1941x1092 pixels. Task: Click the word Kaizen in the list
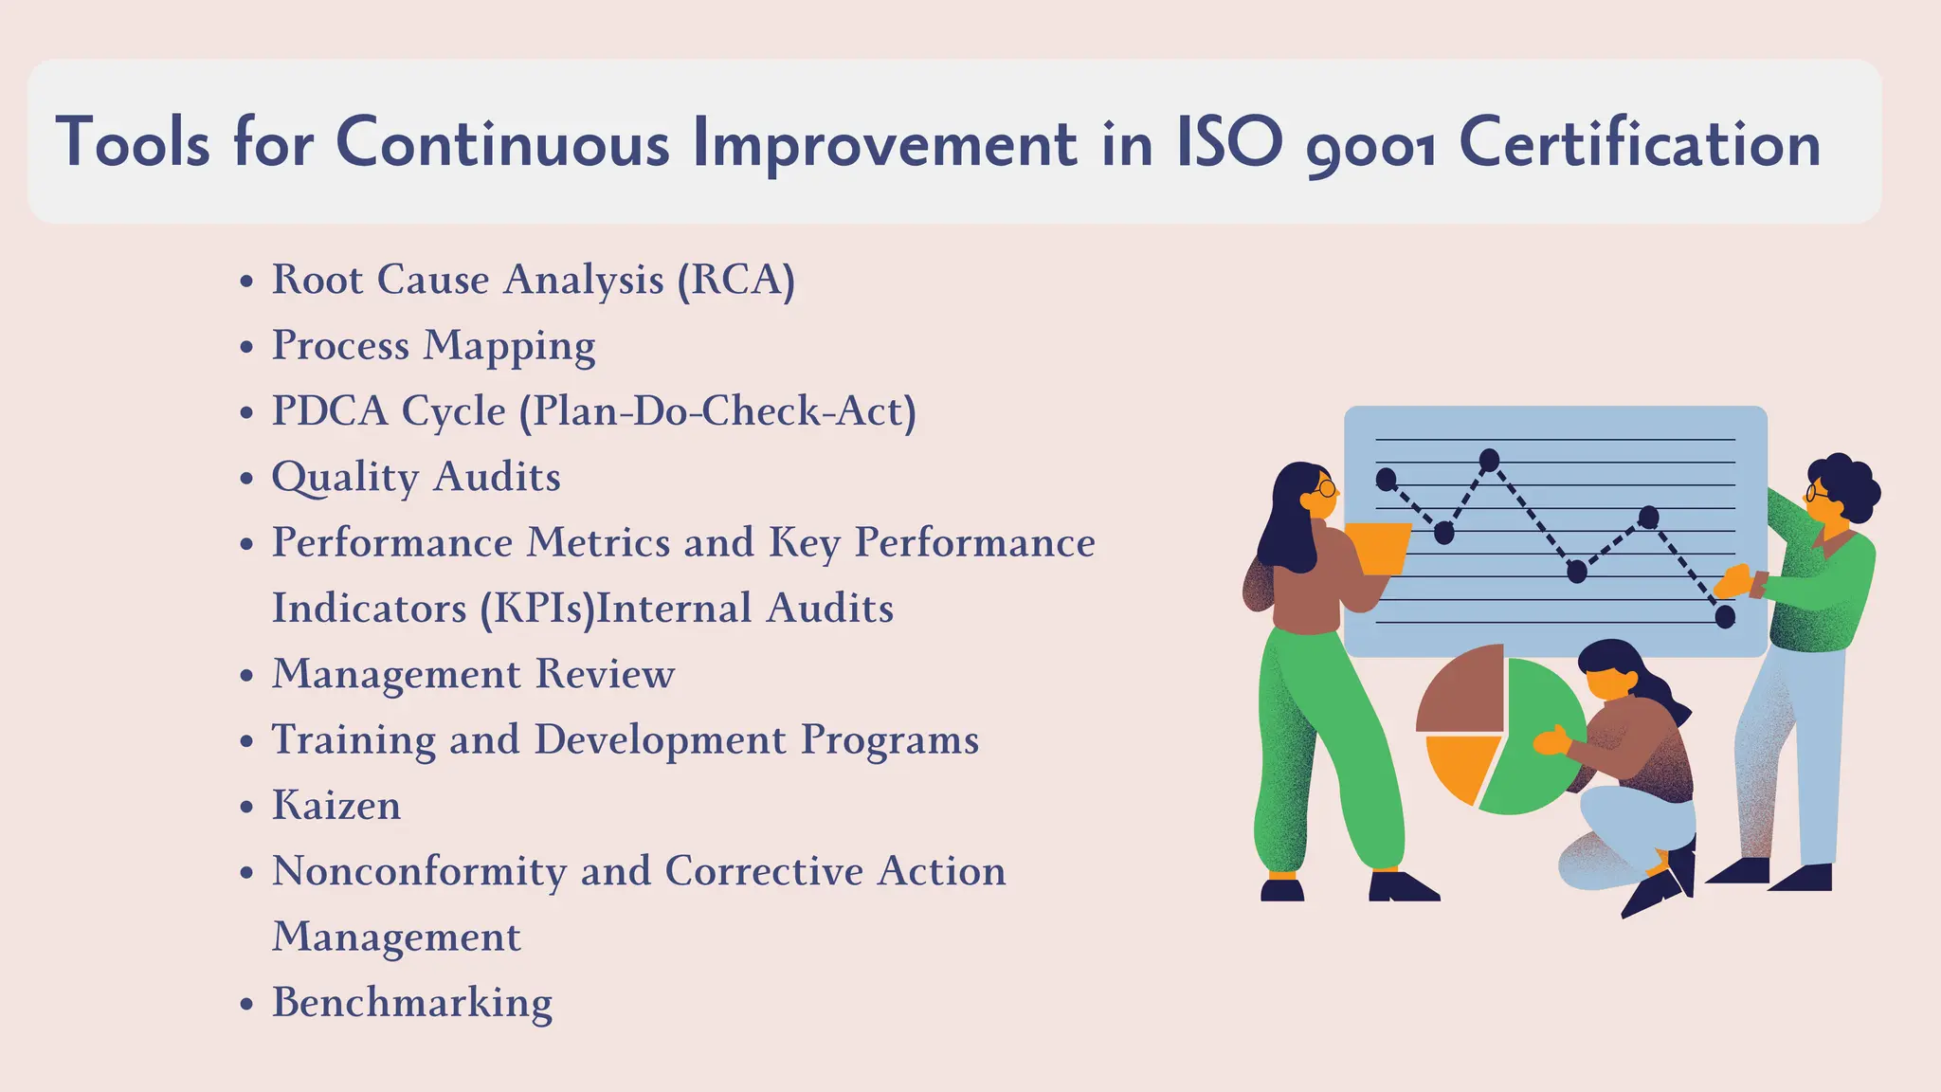[336, 806]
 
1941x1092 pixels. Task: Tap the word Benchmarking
[412, 1003]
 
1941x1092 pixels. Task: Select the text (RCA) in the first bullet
[735, 280]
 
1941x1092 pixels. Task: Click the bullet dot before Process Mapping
[247, 347]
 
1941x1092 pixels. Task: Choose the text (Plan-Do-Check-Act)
[717, 411]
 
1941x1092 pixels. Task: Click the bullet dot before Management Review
[247, 676]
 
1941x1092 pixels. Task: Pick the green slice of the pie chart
[1535, 739]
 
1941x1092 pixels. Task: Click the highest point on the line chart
[1489, 461]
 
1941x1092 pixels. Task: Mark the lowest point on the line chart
[1725, 617]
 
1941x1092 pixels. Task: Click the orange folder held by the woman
[1377, 548]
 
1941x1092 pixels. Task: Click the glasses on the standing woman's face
[1325, 489]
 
